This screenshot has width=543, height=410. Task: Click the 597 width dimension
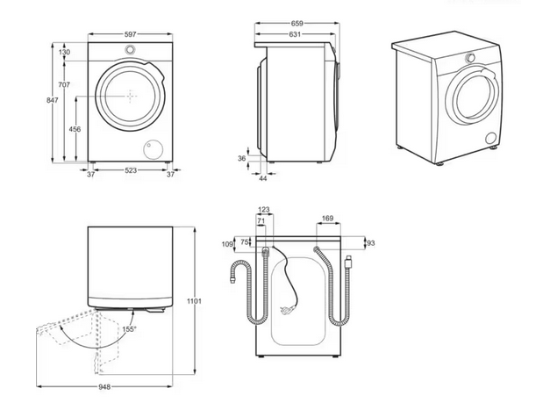point(130,34)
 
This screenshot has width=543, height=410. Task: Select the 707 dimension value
point(65,84)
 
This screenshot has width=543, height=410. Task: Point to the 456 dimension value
point(75,129)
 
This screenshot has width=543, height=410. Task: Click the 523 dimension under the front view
point(130,172)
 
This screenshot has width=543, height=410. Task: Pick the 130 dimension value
point(65,53)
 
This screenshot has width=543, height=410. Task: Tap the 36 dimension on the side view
point(241,159)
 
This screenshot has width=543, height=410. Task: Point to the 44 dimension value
point(262,178)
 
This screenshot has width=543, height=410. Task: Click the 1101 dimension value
point(194,302)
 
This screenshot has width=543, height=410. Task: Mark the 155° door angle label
point(129,329)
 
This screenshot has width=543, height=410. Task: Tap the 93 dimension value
point(370,242)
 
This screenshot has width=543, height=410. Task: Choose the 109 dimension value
point(226,243)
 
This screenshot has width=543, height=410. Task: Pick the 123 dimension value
point(264,209)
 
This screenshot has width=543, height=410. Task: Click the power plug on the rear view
point(350,261)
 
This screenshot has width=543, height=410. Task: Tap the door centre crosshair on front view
point(130,92)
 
